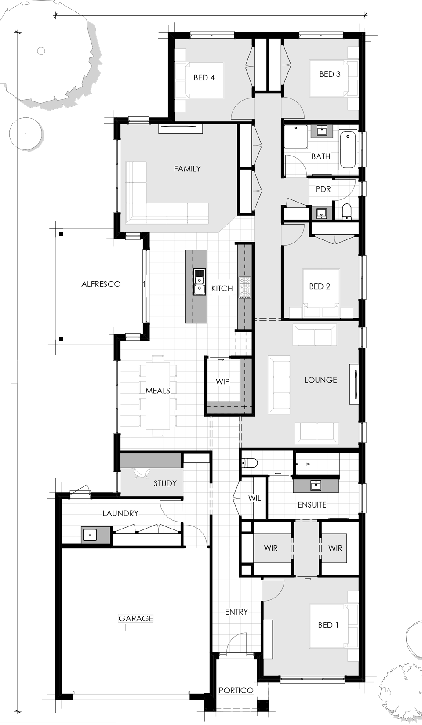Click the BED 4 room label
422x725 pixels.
pos(204,78)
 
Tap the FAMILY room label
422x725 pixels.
pos(187,169)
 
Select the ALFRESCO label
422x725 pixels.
pos(101,284)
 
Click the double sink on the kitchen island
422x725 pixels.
pos(199,282)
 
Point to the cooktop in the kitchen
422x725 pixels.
pos(245,287)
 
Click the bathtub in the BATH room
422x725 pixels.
pos(348,149)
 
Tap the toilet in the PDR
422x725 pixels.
pos(346,211)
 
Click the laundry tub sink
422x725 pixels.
pos(89,534)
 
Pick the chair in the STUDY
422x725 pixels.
pos(142,474)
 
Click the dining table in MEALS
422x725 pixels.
pos(158,396)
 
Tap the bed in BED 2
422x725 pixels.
pos(321,293)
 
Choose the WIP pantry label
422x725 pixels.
pos(223,381)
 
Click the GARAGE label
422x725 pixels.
pos(136,619)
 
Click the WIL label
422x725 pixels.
pos(255,498)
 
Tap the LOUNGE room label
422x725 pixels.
pos(320,380)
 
